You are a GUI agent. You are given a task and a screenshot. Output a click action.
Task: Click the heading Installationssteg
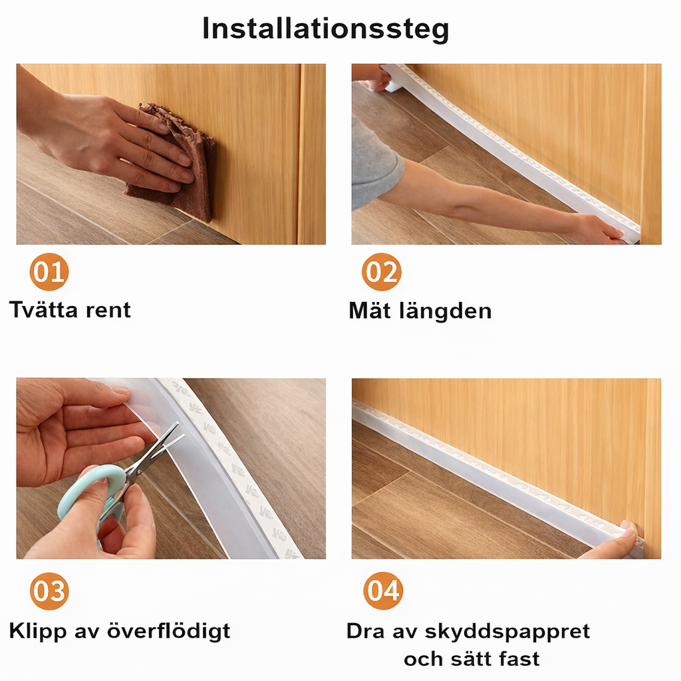point(325,29)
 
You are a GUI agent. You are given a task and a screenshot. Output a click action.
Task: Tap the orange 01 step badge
point(49,272)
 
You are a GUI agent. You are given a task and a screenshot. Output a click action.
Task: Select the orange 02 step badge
point(381,272)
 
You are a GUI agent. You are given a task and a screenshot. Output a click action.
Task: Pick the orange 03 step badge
point(49,591)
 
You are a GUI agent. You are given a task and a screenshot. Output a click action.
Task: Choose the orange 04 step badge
point(383,591)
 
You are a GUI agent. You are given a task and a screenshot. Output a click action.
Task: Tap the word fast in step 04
point(517,659)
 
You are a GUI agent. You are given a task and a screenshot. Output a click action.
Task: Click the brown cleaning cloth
point(180,166)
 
